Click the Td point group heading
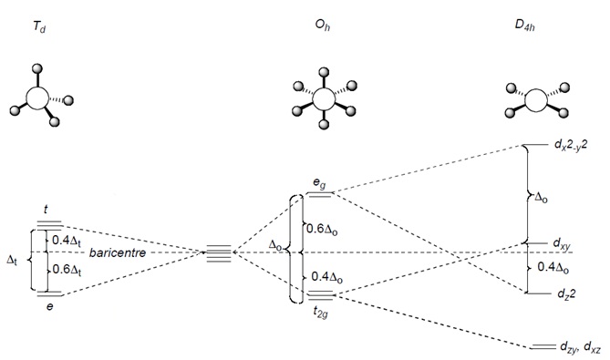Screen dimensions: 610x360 pyautogui.click(x=39, y=27)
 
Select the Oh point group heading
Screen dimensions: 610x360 pyautogui.click(x=323, y=26)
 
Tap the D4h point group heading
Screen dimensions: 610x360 pyautogui.click(x=524, y=25)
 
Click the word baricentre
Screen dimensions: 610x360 pyautogui.click(x=118, y=252)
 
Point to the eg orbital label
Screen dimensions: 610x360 pyautogui.click(x=320, y=184)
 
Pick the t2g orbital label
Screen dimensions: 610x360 pyautogui.click(x=321, y=312)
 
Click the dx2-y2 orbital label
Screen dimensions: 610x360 pyautogui.click(x=570, y=145)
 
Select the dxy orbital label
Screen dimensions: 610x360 pyautogui.click(x=562, y=244)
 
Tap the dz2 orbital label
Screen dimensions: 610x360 pyautogui.click(x=566, y=293)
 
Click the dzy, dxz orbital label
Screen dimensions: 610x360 pyautogui.click(x=580, y=346)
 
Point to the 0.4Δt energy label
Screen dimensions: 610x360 pyautogui.click(x=67, y=241)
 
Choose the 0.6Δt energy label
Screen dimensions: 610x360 pyautogui.click(x=67, y=269)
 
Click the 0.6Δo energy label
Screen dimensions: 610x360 pyautogui.click(x=322, y=229)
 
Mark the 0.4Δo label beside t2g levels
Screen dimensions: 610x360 pyautogui.click(x=327, y=277)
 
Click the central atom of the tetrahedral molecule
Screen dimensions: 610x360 pyautogui.click(x=37, y=98)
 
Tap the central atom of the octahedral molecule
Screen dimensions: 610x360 pyautogui.click(x=324, y=98)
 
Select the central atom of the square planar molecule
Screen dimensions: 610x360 pyautogui.click(x=536, y=100)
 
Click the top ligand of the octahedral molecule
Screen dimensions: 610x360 pyautogui.click(x=324, y=72)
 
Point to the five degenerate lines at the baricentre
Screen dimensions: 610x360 pyautogui.click(x=219, y=253)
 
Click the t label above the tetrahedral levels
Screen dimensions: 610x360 pyautogui.click(x=46, y=210)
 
